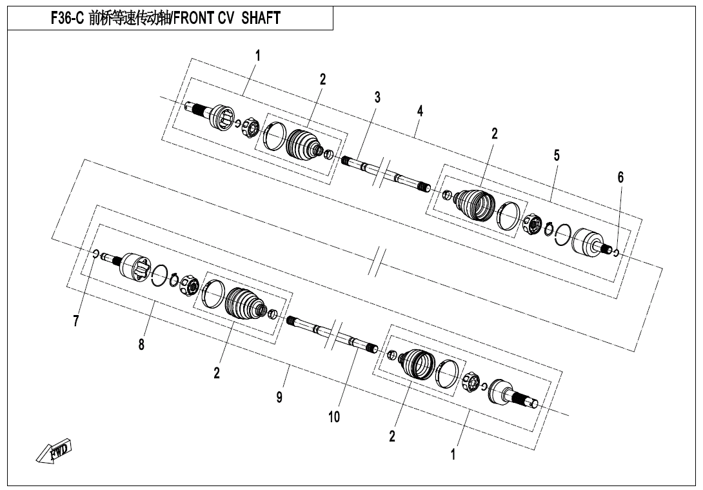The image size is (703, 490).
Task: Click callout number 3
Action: point(377,97)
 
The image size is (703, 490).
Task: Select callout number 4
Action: point(420,111)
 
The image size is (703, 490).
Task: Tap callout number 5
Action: point(557,156)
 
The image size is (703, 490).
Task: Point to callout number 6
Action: point(620,177)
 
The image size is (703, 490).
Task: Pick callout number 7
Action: point(76,321)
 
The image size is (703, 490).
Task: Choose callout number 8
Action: point(141,344)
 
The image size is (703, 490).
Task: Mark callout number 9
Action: point(279,397)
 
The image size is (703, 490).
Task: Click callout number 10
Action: point(333,416)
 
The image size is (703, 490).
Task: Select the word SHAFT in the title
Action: point(261,19)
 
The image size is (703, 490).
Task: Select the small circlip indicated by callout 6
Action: point(616,252)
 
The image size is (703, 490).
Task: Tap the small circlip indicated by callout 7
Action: point(95,254)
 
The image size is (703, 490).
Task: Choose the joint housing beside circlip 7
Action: point(134,266)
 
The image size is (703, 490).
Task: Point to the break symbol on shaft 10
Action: point(335,334)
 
